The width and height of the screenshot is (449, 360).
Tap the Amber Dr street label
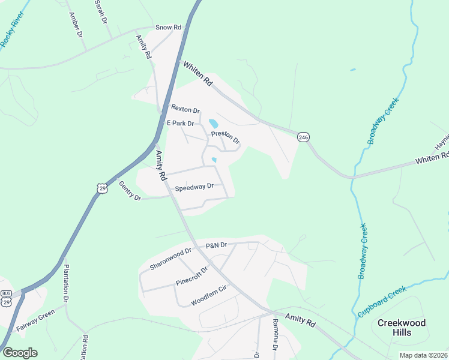pos(76,25)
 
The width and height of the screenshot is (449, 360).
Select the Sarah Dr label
pos(100,11)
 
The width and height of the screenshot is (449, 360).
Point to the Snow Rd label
pos(168,28)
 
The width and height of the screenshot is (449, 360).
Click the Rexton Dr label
pos(185,109)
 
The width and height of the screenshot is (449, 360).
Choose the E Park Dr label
pos(181,123)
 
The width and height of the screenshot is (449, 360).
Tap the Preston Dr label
pos(225,137)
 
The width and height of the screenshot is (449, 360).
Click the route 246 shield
pos(303,137)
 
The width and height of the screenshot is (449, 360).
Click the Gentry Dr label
pos(130,191)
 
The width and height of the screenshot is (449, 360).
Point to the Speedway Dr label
pos(194,187)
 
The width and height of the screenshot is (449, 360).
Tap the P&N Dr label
pos(216,245)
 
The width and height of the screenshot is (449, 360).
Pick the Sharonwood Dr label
pos(170,259)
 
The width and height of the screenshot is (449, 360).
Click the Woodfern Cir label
pos(208,295)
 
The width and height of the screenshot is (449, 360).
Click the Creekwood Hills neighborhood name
pos(401,328)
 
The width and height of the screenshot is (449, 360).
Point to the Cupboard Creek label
pos(382,302)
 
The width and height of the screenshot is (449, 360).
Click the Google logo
pos(20,353)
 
